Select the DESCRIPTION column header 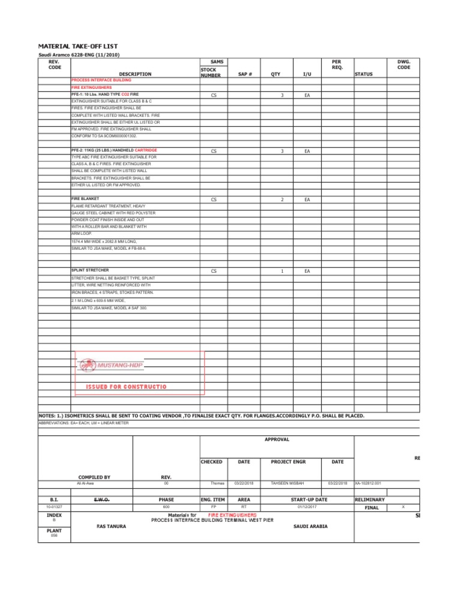pos(135,74)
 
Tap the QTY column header pos(276,74)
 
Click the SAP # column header pos(245,74)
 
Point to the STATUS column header pos(364,74)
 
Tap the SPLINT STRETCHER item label pos(90,270)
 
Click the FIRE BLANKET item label pos(85,198)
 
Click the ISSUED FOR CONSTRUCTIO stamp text pos(126,387)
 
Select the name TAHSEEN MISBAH pos(288,483)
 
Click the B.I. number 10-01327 pos(54,507)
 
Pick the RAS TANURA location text pos(112,526)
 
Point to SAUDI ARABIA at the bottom pos(310,526)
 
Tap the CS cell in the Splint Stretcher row pos(214,271)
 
